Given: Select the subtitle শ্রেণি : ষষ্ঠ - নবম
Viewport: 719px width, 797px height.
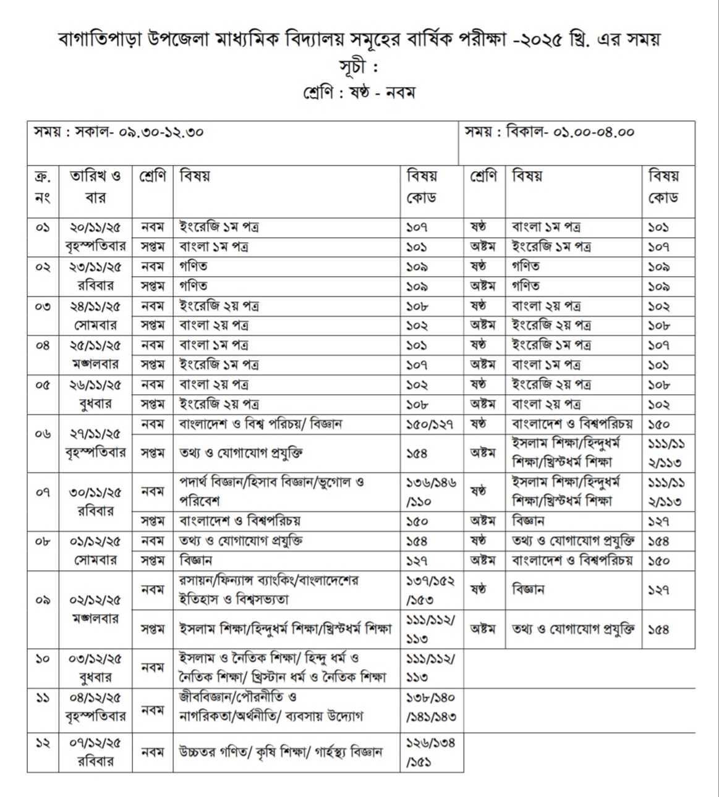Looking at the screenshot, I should pyautogui.click(x=359, y=93).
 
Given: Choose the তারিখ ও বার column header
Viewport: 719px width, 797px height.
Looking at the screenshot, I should pyautogui.click(x=95, y=187).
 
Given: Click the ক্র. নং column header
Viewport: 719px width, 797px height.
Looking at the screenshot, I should pyautogui.click(x=43, y=187).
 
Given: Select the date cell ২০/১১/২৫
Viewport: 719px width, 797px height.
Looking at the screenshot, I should pyautogui.click(x=95, y=227).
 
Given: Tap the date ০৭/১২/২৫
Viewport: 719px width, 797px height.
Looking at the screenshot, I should pyautogui.click(x=95, y=742).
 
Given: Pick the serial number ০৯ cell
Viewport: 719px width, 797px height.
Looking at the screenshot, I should pyautogui.click(x=43, y=599).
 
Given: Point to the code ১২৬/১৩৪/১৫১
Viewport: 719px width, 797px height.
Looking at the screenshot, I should pyautogui.click(x=430, y=752).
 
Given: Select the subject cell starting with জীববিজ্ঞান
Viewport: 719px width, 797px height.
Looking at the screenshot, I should pyautogui.click(x=271, y=707).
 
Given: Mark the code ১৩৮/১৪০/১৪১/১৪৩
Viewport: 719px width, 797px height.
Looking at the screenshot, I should pyautogui.click(x=430, y=707).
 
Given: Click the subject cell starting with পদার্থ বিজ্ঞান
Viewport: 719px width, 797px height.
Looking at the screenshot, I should pyautogui.click(x=271, y=491).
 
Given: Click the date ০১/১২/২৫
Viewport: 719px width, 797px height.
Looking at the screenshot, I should pyautogui.click(x=95, y=541).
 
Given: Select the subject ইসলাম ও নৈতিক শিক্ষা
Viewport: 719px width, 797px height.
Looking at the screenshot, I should pyautogui.click(x=282, y=667).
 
